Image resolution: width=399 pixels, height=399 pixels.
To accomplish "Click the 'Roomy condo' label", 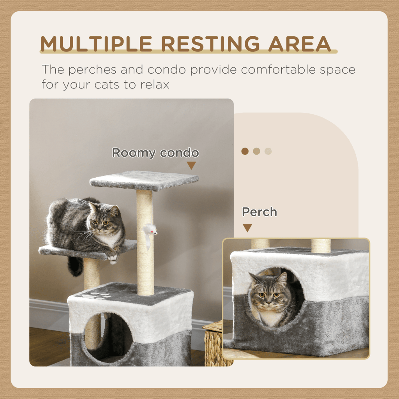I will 155,153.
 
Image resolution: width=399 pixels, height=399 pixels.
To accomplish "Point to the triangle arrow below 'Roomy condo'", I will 191,166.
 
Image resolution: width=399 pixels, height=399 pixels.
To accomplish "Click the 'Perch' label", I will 259,212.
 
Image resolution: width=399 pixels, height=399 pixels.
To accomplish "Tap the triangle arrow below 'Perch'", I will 247,228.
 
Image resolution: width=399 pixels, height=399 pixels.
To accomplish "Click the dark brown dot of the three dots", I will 245,151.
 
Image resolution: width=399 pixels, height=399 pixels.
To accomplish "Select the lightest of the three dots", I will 268,151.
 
